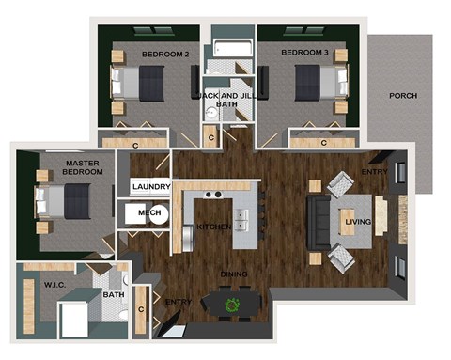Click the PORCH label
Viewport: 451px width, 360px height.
[403, 95]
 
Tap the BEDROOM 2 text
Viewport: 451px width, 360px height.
[164, 55]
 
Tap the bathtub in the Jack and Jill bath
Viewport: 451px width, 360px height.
[227, 50]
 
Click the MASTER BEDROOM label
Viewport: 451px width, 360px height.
[55, 168]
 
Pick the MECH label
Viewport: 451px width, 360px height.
[149, 213]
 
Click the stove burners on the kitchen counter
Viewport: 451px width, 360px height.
[214, 195]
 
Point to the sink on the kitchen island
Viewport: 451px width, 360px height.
[241, 221]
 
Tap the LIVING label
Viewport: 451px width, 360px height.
[358, 222]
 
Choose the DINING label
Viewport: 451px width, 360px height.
[235, 274]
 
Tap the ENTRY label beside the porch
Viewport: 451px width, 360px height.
[373, 172]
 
